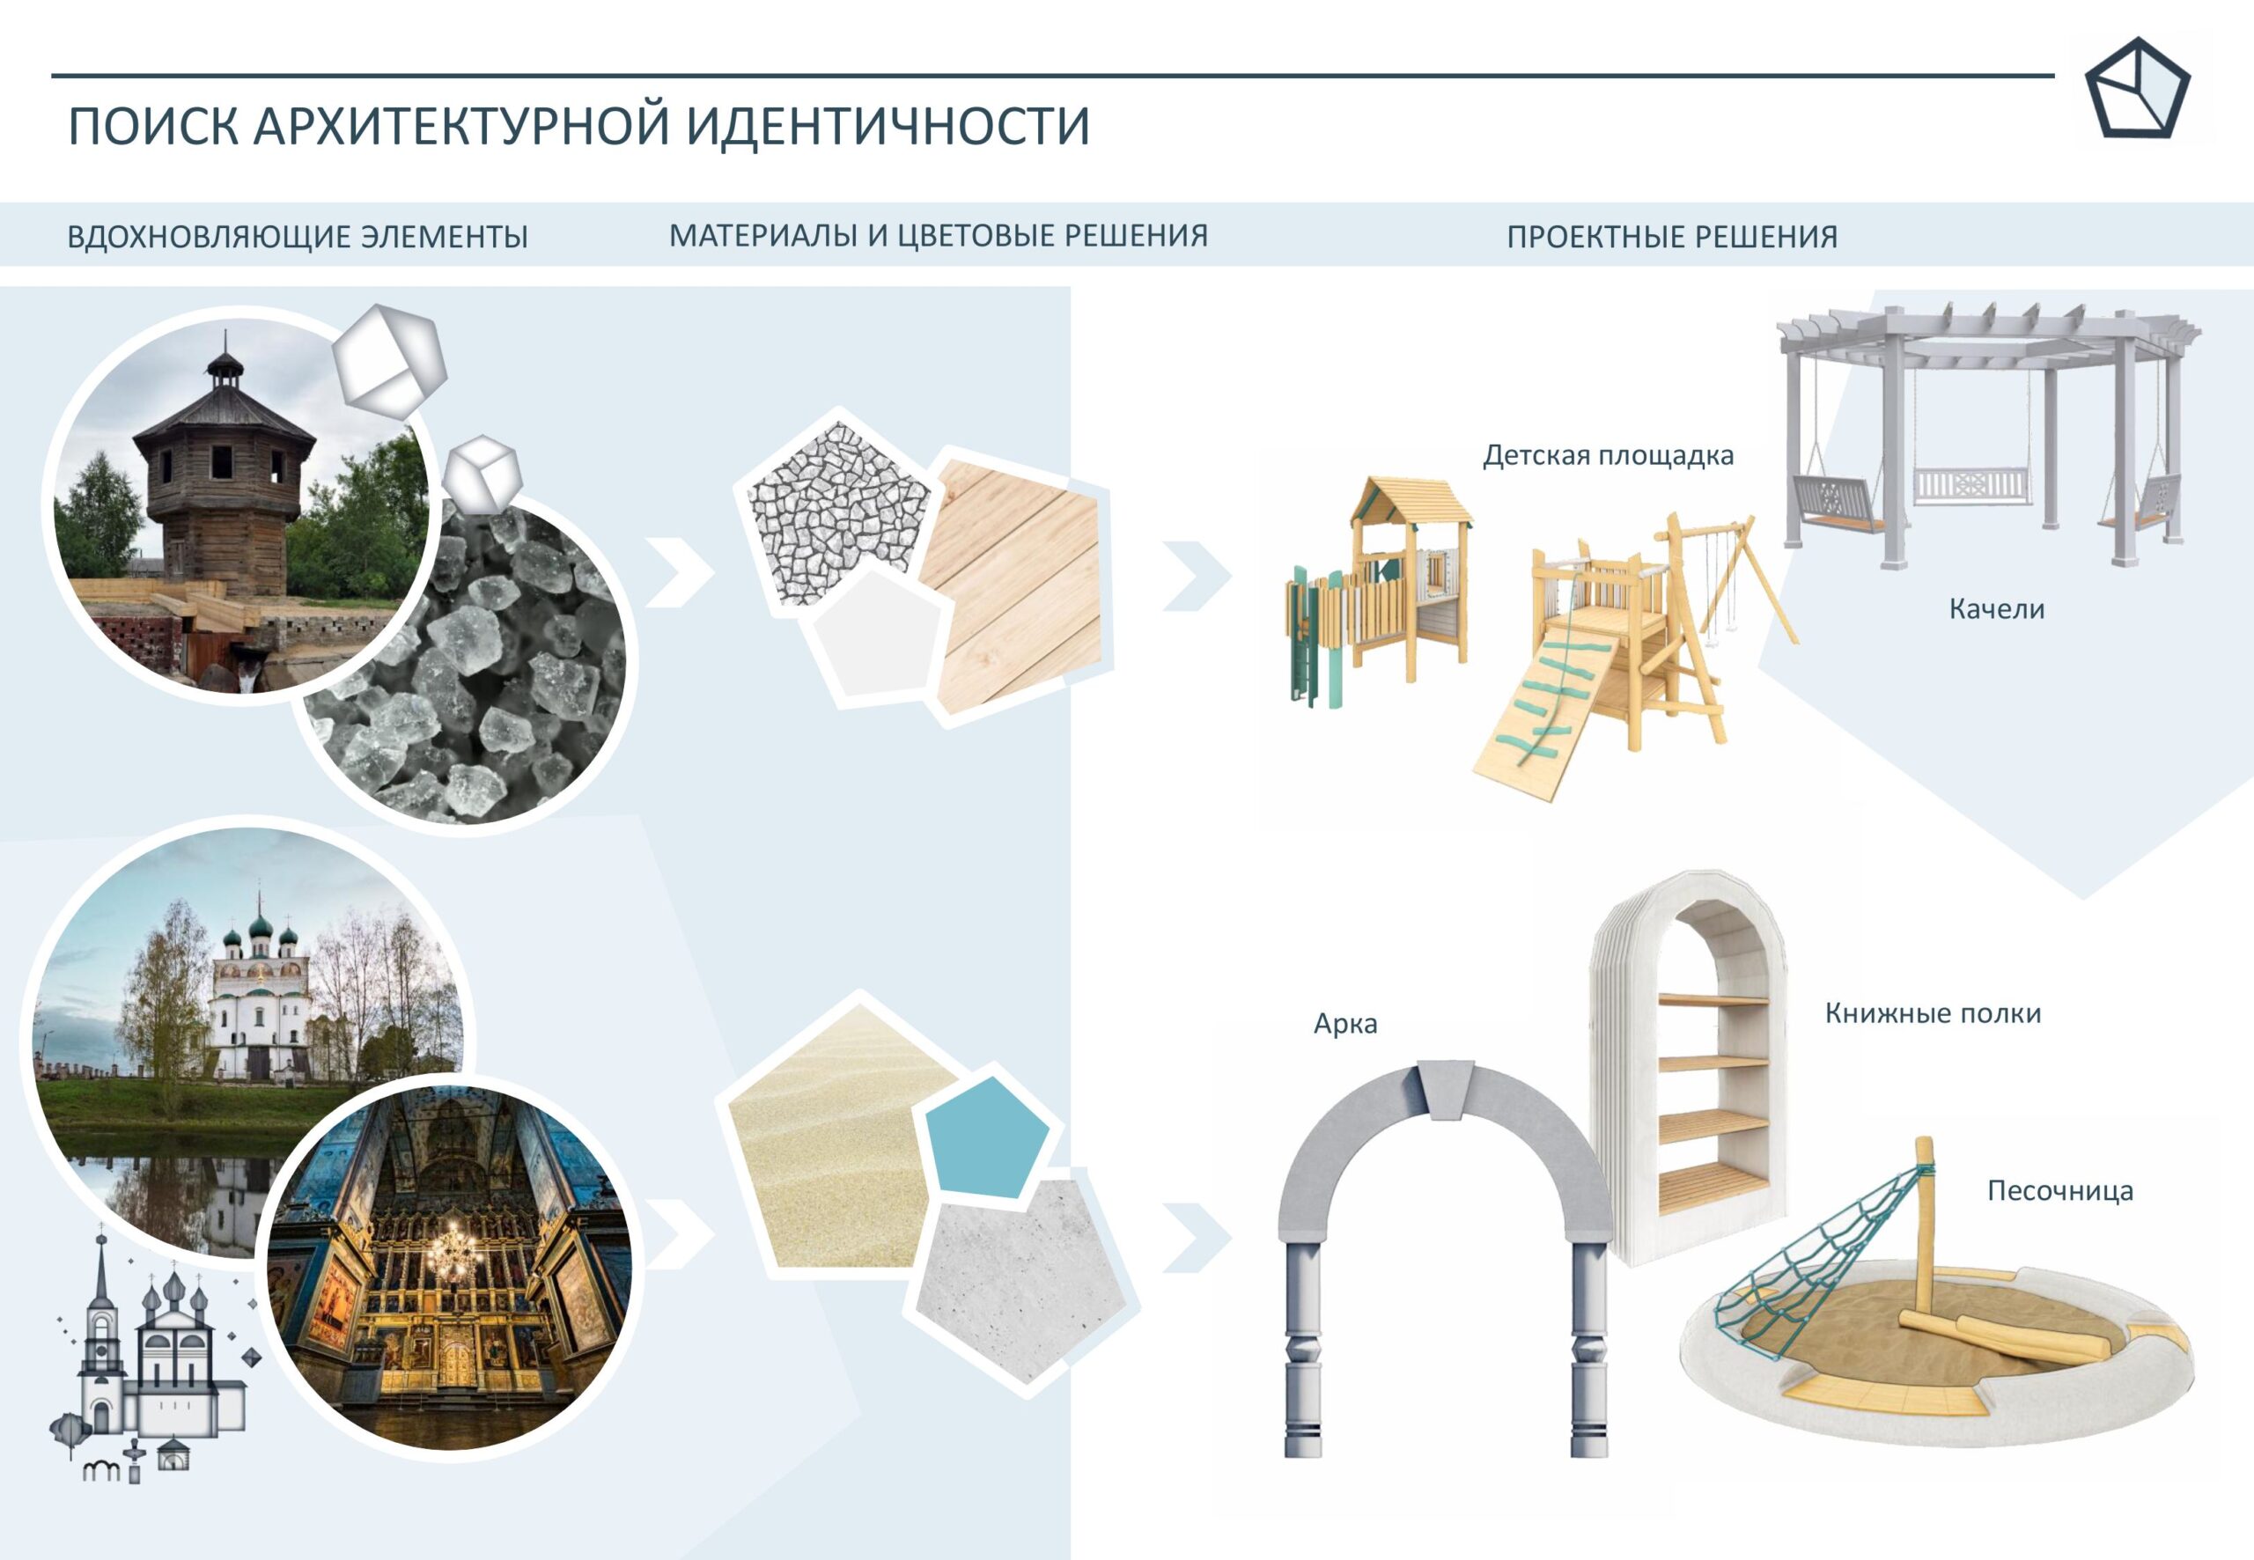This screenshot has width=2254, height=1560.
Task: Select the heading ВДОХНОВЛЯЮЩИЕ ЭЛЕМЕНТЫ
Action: [x=297, y=237]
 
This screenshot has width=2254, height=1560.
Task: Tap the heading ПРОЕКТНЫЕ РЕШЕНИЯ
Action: [x=1671, y=237]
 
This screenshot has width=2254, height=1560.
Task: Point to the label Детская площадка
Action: [x=1608, y=455]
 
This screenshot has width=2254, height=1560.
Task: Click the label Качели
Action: [x=1996, y=609]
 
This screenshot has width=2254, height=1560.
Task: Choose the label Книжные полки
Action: [x=1933, y=1012]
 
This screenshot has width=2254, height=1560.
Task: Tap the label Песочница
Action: [x=2059, y=1191]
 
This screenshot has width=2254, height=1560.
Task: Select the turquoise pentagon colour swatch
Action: [x=985, y=1137]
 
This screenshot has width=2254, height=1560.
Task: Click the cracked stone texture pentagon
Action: [x=833, y=513]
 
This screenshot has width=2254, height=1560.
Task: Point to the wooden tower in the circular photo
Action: [x=223, y=479]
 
